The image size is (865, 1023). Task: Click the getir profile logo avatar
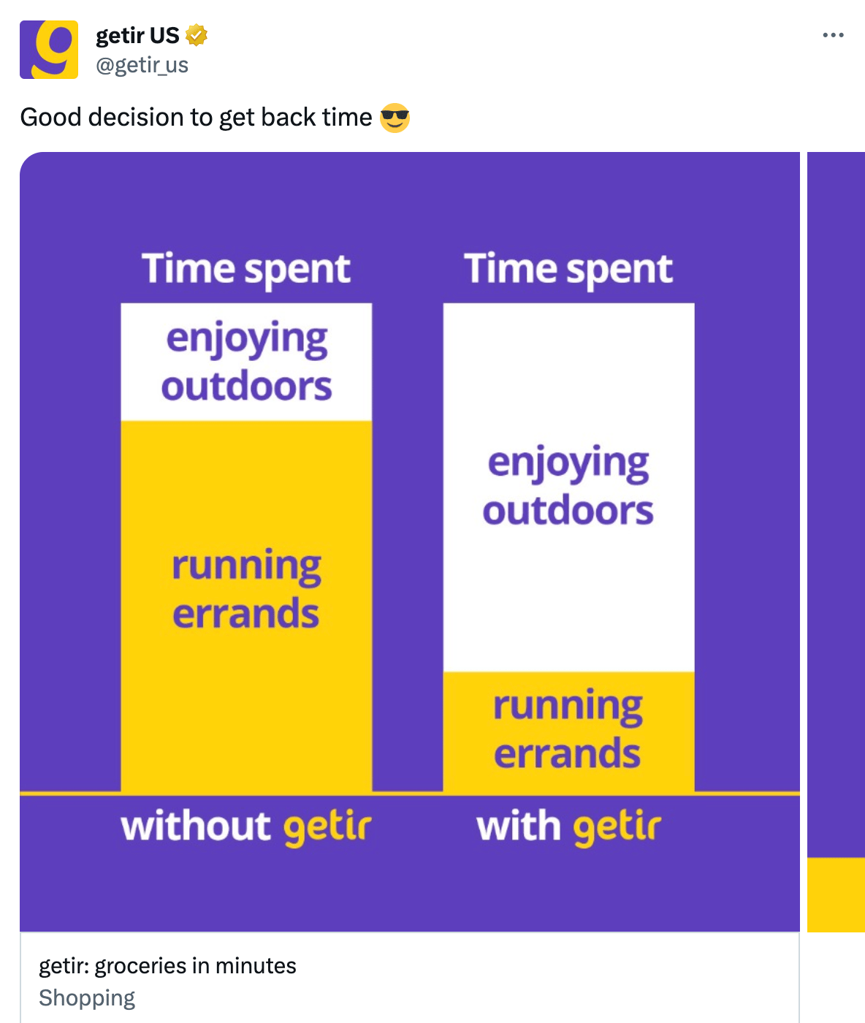(49, 50)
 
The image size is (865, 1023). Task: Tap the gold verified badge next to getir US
(196, 35)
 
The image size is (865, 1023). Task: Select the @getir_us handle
(142, 65)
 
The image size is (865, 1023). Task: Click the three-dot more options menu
(834, 34)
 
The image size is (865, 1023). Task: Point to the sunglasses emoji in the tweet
(395, 118)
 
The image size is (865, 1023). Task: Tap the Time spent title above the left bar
(246, 269)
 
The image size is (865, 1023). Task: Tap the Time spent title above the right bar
(568, 269)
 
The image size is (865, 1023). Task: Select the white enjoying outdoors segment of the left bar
(246, 362)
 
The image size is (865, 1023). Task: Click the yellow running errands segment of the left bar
(246, 606)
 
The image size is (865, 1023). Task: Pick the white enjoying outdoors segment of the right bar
(568, 487)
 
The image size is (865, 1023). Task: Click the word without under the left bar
(196, 826)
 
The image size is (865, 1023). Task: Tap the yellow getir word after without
(327, 828)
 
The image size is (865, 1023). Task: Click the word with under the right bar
(519, 826)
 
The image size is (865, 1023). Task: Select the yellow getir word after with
(617, 828)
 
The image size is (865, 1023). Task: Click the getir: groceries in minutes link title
(167, 965)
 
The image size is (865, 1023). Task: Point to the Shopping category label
(87, 997)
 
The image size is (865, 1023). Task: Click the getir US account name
(137, 36)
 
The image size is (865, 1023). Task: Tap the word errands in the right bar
(567, 753)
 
